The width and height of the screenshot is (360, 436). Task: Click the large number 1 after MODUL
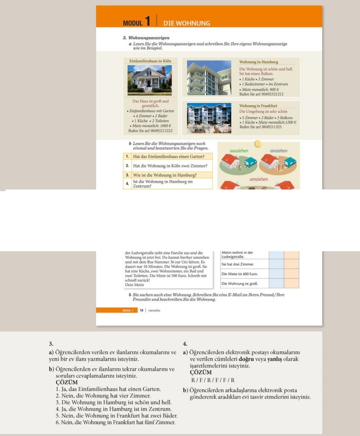coord(147,21)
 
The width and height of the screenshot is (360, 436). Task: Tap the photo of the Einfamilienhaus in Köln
coord(149,80)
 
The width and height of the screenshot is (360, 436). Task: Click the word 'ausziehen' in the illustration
coord(239,151)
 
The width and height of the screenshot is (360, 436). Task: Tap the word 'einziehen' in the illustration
coord(278,151)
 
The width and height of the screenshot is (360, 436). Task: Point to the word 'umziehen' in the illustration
coord(259,179)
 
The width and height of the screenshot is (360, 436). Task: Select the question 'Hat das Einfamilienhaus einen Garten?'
coord(165,157)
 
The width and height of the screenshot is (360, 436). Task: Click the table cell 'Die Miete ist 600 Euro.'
coord(240,273)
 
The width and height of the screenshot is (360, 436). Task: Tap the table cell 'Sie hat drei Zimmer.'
coord(238,264)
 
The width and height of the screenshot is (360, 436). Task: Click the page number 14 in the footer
coord(142,310)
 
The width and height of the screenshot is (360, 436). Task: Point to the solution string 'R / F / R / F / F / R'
coord(213,380)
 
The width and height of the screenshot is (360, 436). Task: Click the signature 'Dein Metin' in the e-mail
coord(134,285)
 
